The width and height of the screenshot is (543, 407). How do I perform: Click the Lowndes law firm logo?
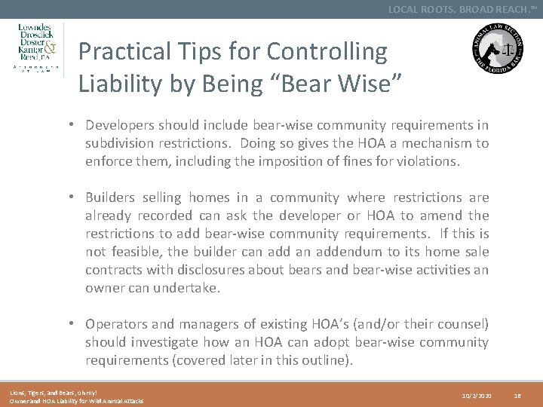(x=40, y=49)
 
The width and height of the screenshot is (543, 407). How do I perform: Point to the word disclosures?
(x=195, y=270)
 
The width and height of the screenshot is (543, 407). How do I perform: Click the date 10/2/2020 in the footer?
(x=477, y=394)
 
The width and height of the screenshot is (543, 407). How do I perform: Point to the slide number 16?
(x=517, y=394)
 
